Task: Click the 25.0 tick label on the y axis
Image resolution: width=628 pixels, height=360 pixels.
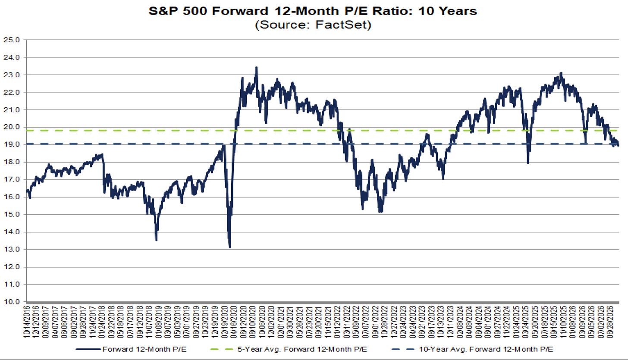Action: (12, 40)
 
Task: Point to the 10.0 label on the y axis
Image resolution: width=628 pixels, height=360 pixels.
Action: (12, 302)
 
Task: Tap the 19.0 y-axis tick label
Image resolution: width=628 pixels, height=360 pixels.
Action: (12, 144)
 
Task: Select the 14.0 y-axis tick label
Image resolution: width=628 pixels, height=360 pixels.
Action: (12, 232)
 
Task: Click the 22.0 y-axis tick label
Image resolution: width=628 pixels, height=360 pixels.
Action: (12, 92)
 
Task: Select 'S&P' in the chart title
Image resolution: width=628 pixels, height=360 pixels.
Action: (164, 11)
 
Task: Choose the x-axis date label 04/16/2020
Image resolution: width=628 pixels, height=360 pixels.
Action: (234, 322)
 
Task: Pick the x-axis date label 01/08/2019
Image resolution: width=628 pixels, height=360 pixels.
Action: (158, 322)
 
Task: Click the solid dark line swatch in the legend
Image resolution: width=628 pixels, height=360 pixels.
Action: (88, 349)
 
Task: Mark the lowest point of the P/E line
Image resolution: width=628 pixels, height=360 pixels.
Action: (230, 247)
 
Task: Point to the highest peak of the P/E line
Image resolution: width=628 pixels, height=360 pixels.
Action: (256, 67)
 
